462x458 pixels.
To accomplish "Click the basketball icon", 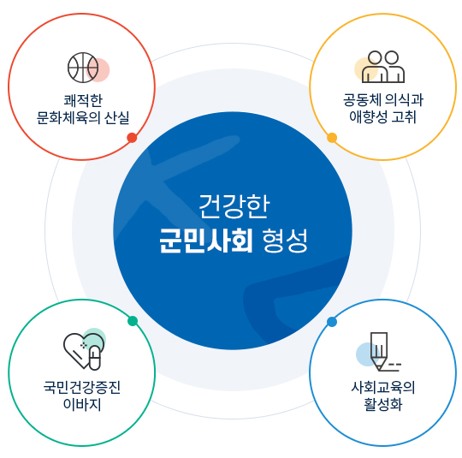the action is click(83, 68).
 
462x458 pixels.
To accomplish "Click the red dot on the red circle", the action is click(132, 138).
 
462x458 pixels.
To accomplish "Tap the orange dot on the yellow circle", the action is click(332, 138).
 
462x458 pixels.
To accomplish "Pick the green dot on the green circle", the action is click(133, 321).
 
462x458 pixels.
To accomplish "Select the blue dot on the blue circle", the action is click(332, 322).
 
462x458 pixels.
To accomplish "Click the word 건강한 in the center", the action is click(234, 206).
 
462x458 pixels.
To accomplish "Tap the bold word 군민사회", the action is click(206, 241).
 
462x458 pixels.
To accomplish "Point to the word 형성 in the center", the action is click(285, 241).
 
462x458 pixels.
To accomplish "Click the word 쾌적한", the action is click(83, 101).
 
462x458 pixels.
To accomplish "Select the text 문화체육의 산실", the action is click(83, 118).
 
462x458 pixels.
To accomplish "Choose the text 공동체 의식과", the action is click(383, 99).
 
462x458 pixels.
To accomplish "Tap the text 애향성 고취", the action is click(382, 116).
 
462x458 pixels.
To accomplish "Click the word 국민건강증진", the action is click(82, 387).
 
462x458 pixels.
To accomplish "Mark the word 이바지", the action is click(82, 404).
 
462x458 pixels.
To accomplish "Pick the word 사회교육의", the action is click(382, 387).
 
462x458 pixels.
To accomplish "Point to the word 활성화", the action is click(382, 404).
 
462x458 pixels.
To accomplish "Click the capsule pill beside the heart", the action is click(95, 359).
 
